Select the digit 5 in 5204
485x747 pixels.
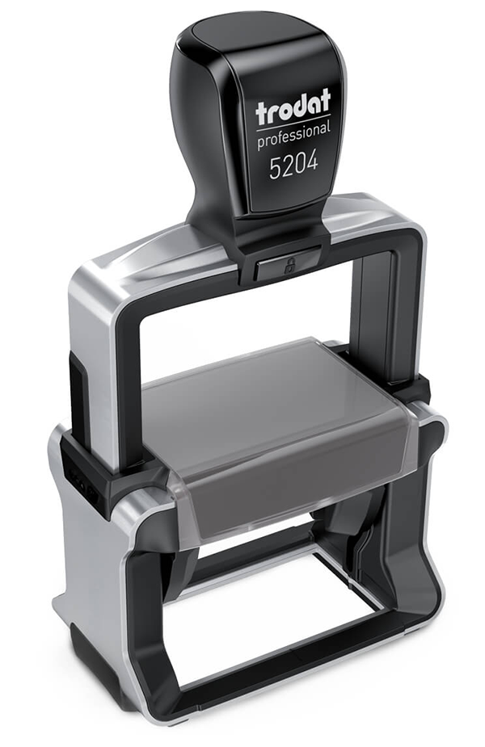(275, 167)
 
